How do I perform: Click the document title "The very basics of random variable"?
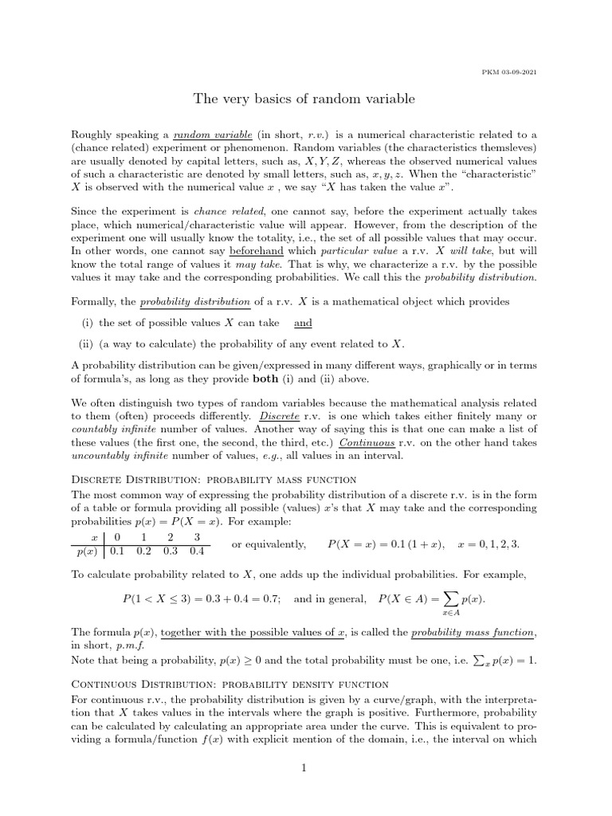304,99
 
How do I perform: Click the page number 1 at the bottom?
304,768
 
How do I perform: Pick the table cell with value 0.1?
117,551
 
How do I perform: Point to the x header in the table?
94,538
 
